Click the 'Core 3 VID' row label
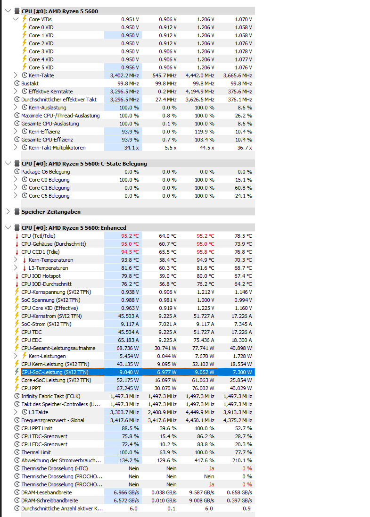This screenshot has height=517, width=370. tap(41, 51)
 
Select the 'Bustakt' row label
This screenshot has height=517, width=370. tap(30, 83)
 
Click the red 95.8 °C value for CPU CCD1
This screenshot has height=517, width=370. tap(205, 252)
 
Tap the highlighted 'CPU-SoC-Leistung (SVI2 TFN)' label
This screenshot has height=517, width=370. tap(55, 372)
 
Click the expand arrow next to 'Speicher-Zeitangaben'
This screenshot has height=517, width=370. tap(8, 212)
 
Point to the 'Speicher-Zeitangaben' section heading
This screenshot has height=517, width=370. tap(51, 212)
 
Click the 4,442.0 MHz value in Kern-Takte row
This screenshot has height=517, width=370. tap(200, 75)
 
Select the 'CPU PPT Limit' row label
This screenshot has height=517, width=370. tap(37, 428)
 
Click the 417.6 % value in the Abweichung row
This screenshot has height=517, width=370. tap(205, 460)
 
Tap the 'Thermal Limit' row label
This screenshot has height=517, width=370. tap(36, 452)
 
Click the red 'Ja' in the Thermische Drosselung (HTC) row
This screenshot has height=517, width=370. tap(212, 468)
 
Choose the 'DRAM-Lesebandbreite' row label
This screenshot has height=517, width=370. tap(47, 492)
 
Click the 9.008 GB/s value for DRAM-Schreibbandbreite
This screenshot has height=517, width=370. tap(202, 500)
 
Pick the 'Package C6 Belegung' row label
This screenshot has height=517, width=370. tap(45, 172)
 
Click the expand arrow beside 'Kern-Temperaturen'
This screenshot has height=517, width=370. tap(15, 260)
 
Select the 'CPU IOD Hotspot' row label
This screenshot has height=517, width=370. tap(41, 276)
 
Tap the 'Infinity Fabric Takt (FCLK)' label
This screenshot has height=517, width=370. tap(51, 396)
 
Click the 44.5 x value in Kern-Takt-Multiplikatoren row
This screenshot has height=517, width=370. tap(207, 148)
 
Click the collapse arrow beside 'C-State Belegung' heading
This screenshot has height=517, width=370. tap(8, 164)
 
